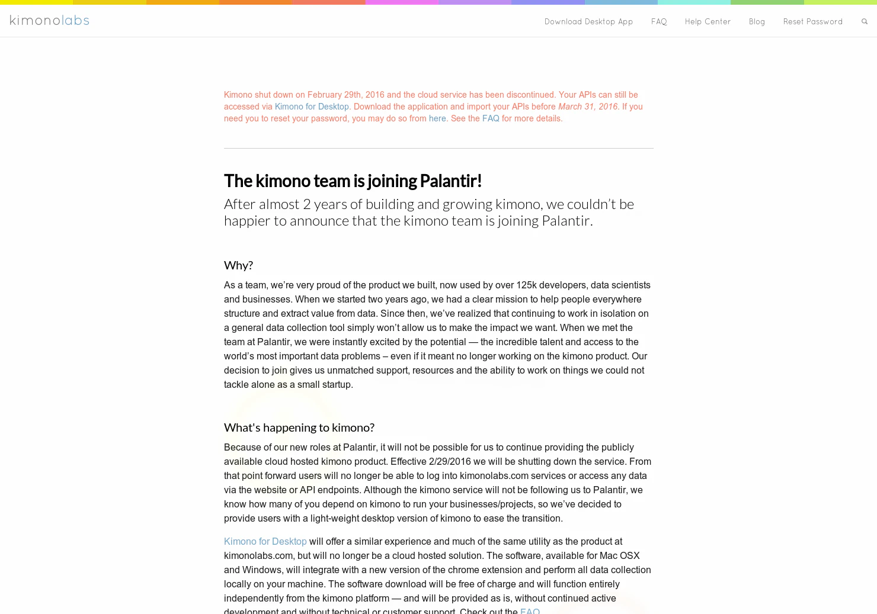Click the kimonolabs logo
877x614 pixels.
[x=49, y=21]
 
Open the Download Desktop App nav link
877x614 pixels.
[x=588, y=22]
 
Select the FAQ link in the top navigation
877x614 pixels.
[x=659, y=22]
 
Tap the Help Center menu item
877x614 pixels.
[x=708, y=22]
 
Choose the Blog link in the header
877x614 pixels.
[x=757, y=22]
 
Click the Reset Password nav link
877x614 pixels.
[x=812, y=22]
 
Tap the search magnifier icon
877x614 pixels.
[x=865, y=22]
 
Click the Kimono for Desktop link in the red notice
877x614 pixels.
[x=312, y=107]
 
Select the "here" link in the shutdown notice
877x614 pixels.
[x=437, y=118]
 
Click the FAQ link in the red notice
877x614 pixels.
[x=491, y=118]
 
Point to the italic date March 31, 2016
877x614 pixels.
[x=588, y=107]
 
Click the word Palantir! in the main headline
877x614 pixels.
[x=451, y=181]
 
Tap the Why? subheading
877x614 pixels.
[x=238, y=265]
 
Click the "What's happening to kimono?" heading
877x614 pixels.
[x=299, y=427]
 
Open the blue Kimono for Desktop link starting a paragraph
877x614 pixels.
[x=265, y=542]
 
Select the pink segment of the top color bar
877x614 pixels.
[x=402, y=2]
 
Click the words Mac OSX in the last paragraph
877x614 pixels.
[x=619, y=556]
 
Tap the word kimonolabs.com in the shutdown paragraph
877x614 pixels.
[x=494, y=476]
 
